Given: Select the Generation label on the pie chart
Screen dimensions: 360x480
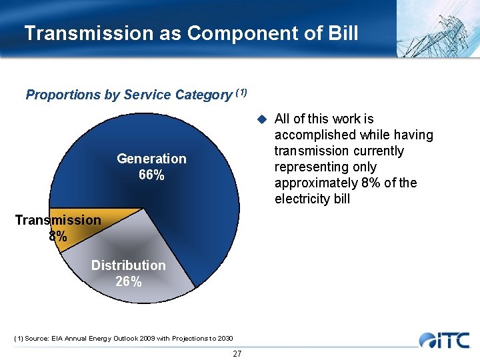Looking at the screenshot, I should point(151,159).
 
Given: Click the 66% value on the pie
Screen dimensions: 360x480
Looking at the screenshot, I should point(151,175).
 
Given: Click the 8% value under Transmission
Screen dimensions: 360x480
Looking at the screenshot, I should point(57,237).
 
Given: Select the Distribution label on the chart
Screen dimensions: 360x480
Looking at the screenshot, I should point(128,265).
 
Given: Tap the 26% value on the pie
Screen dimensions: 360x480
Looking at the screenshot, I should point(128,282).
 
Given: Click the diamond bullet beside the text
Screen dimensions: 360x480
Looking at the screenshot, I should point(262,119).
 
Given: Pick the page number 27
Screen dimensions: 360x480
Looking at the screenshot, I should point(237,353).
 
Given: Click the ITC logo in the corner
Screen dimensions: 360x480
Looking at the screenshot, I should point(445,340).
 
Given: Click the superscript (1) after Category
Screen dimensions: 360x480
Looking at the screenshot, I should point(241,92).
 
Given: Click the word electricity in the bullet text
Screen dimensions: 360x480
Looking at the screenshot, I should point(301,199).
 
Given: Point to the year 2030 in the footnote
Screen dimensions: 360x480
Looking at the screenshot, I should point(222,339).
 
